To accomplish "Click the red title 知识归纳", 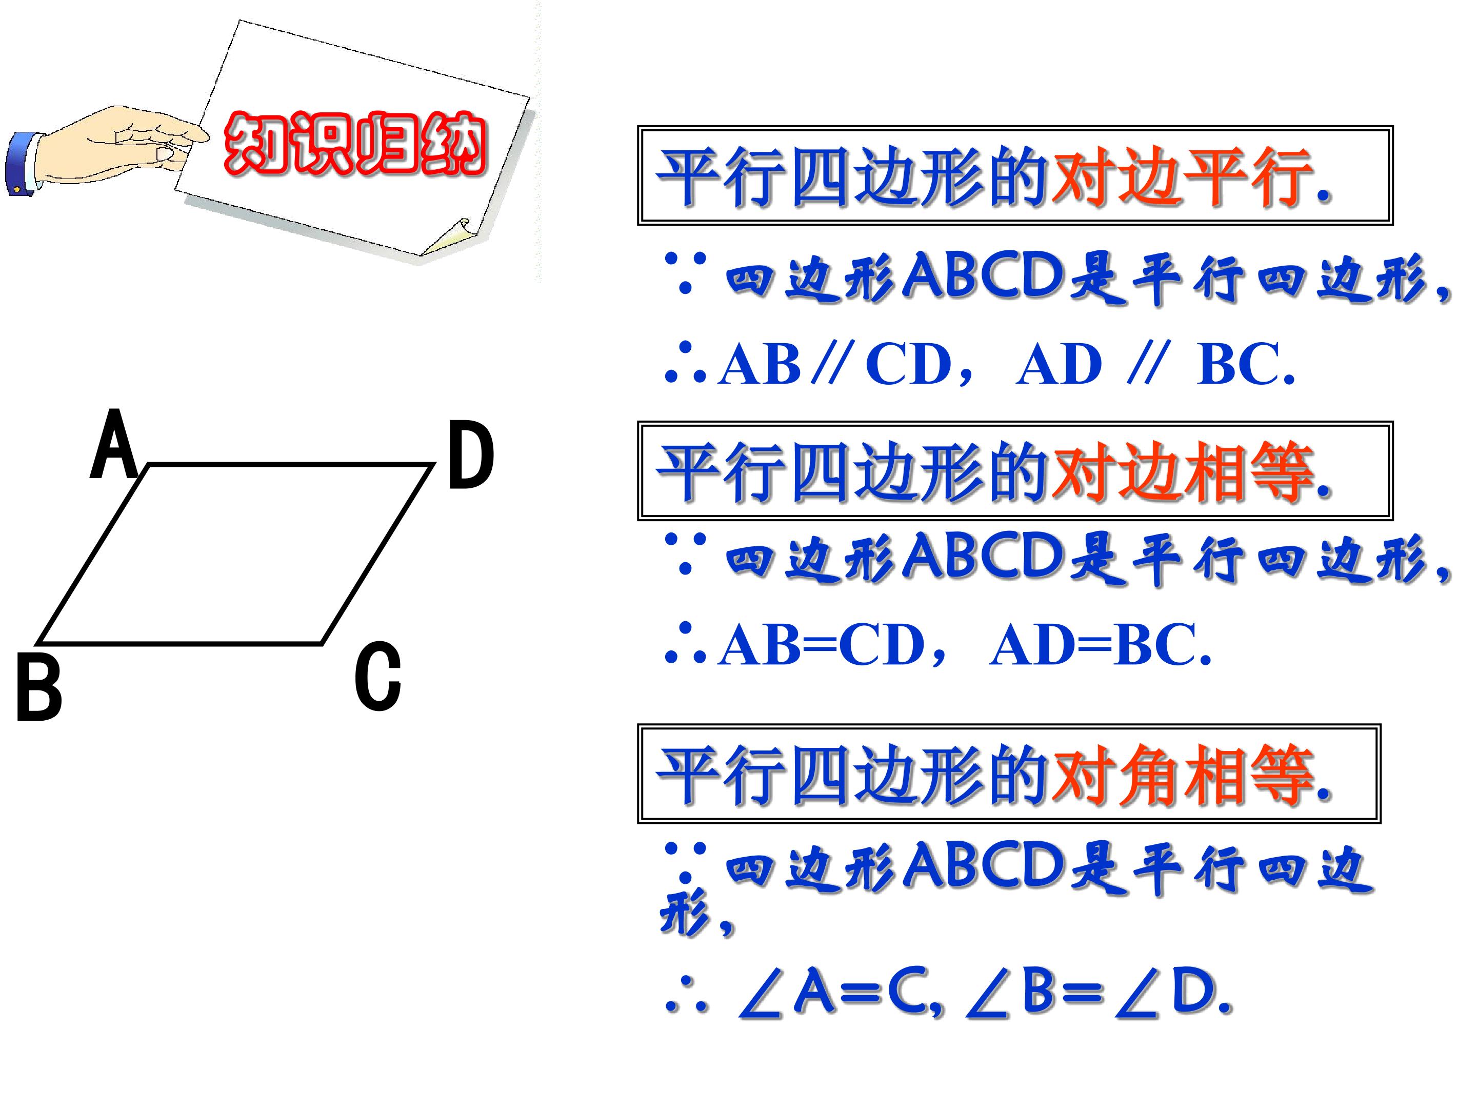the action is tap(354, 144).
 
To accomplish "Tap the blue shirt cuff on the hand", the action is tap(22, 164).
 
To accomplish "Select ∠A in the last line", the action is tap(787, 993).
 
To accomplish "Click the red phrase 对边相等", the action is tap(1182, 473).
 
